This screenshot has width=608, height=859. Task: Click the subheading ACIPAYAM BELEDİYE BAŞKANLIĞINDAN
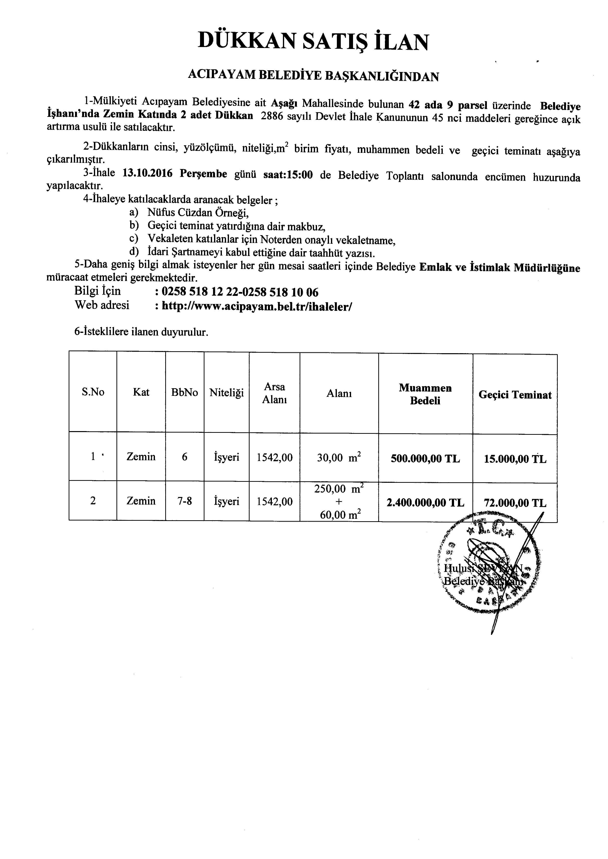313,76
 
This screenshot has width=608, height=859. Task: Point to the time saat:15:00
288,175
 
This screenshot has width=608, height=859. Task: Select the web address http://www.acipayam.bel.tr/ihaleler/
256,306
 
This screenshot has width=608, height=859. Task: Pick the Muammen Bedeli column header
425,394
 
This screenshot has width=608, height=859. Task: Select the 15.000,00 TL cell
515,459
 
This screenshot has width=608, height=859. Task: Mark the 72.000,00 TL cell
515,503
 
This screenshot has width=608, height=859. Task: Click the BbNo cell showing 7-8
185,501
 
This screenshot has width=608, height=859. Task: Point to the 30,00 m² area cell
339,457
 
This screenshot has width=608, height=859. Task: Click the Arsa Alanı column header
274,393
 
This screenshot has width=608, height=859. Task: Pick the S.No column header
93,392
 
